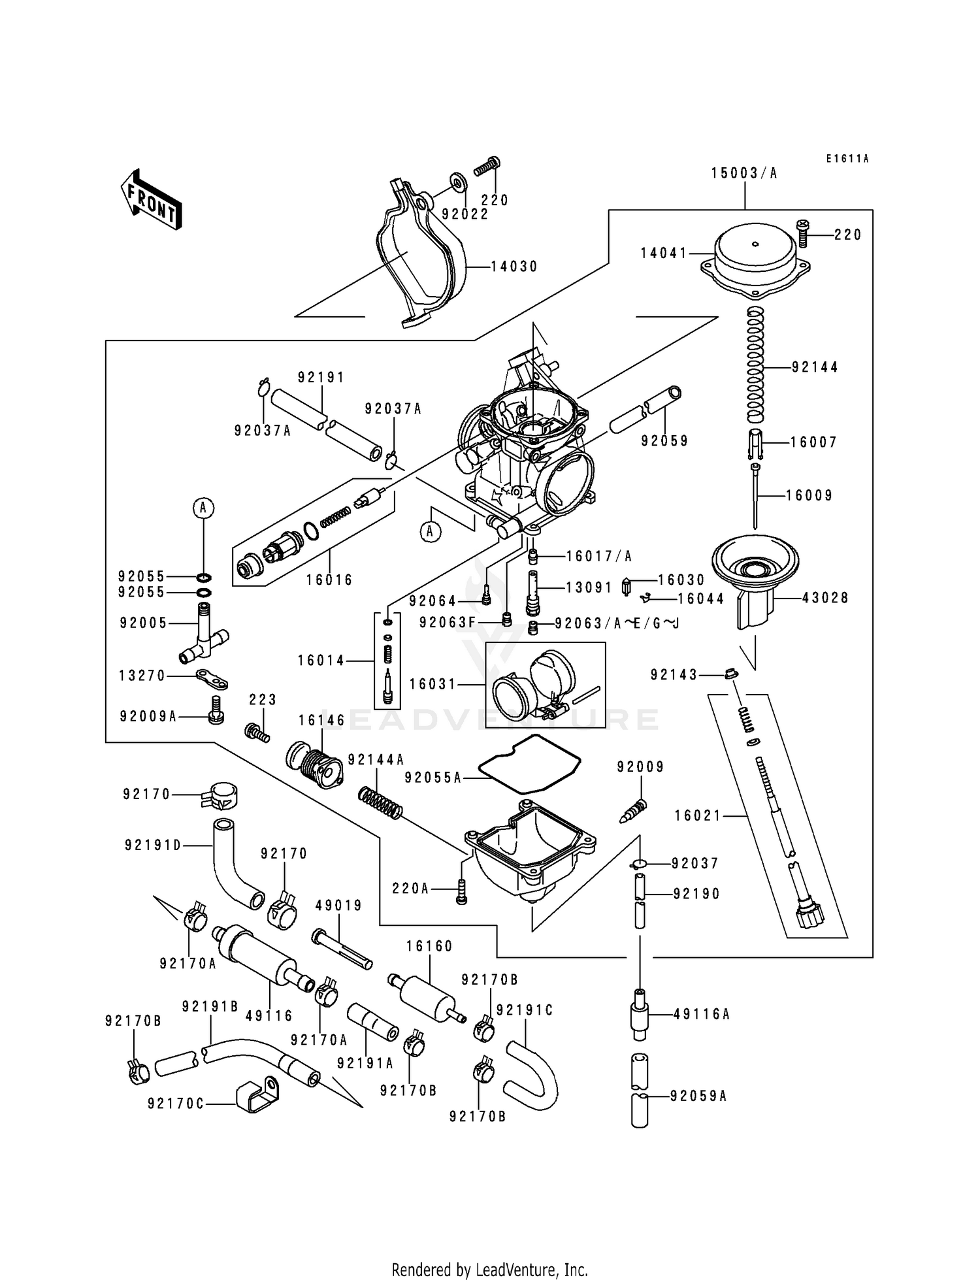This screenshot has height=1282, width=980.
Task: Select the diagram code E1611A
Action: click(847, 159)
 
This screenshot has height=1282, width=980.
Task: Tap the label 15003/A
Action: click(744, 173)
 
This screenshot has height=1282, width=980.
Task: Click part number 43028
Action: click(825, 598)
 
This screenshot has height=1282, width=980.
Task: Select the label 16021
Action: click(698, 815)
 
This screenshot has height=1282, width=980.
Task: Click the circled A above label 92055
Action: click(203, 508)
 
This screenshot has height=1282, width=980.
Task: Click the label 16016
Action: click(329, 580)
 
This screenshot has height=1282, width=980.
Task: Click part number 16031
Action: click(432, 684)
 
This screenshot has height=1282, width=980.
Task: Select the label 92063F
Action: click(448, 623)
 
